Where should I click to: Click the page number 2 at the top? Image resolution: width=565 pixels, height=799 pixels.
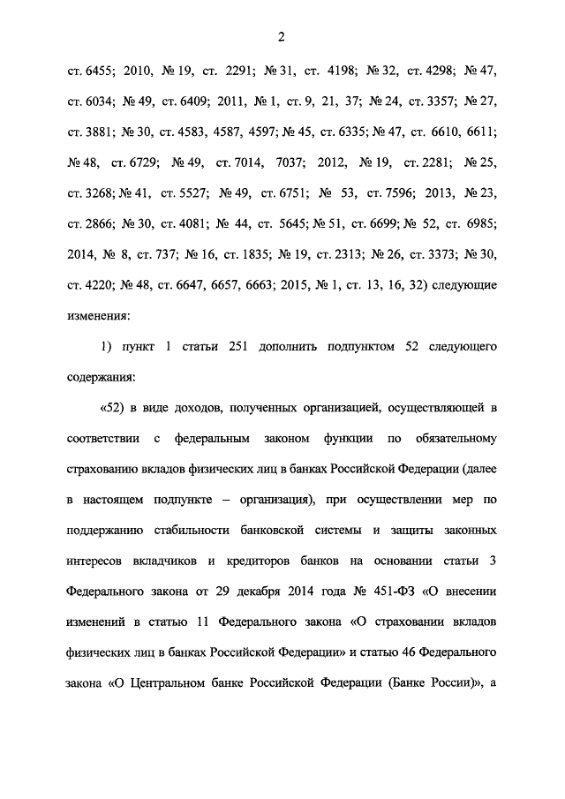[x=282, y=36]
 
